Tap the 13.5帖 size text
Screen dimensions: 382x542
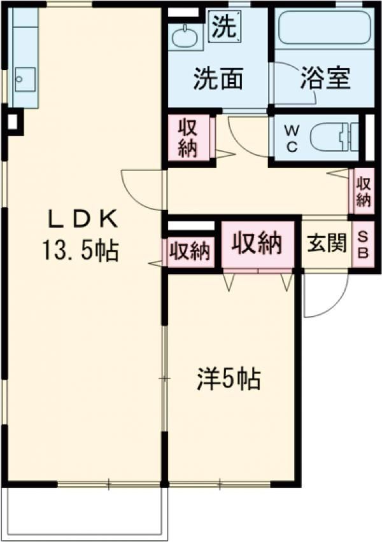pos(81,251)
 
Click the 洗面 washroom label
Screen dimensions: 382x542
pos(218,78)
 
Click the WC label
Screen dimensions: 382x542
pos(292,139)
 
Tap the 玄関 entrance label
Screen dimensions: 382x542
pos(327,243)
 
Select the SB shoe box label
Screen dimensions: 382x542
pos(363,245)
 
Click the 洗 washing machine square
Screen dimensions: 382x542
pos(225,26)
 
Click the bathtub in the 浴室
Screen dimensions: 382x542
pos(325,27)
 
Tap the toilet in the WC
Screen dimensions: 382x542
pos(334,137)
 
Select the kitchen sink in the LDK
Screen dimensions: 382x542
pos(25,80)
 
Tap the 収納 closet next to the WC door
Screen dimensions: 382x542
pos(189,137)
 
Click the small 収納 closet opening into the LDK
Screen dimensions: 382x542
pos(190,251)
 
